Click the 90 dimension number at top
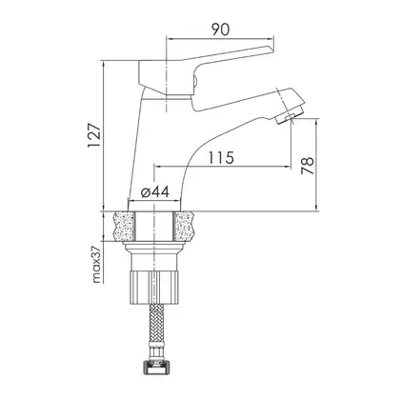[220, 30]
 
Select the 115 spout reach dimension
[221, 157]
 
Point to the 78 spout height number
[308, 166]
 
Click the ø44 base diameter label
[155, 191]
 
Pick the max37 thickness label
[97, 265]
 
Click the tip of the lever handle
[272, 49]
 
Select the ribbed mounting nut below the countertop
[154, 289]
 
